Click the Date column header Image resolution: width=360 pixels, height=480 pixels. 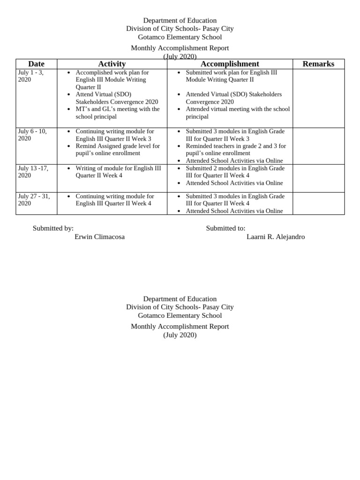pyautogui.click(x=36, y=64)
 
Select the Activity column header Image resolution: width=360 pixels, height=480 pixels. pyautogui.click(x=112, y=64)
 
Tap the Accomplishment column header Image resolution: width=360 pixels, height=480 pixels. pyautogui.click(x=230, y=64)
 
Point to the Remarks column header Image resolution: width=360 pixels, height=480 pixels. pyautogui.click(x=319, y=64)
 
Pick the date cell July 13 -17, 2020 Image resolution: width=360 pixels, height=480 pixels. pyautogui.click(x=33, y=172)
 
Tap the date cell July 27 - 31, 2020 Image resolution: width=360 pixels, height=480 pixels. pyautogui.click(x=33, y=200)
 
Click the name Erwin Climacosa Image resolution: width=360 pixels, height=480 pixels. pyautogui.click(x=100, y=237)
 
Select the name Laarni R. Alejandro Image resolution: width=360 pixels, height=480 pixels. pyautogui.click(x=276, y=237)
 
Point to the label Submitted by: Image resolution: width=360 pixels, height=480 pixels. pyautogui.click(x=53, y=228)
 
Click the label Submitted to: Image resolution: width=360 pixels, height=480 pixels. pyautogui.click(x=225, y=228)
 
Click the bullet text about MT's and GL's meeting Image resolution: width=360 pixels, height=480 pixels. pyautogui.click(x=117, y=112)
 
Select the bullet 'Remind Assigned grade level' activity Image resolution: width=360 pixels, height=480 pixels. pyautogui.click(x=117, y=150)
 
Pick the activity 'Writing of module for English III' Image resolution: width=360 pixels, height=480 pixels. pyautogui.click(x=121, y=172)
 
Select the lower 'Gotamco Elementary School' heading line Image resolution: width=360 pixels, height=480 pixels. pyautogui.click(x=180, y=315)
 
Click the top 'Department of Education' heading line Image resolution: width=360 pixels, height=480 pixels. pyautogui.click(x=180, y=21)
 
